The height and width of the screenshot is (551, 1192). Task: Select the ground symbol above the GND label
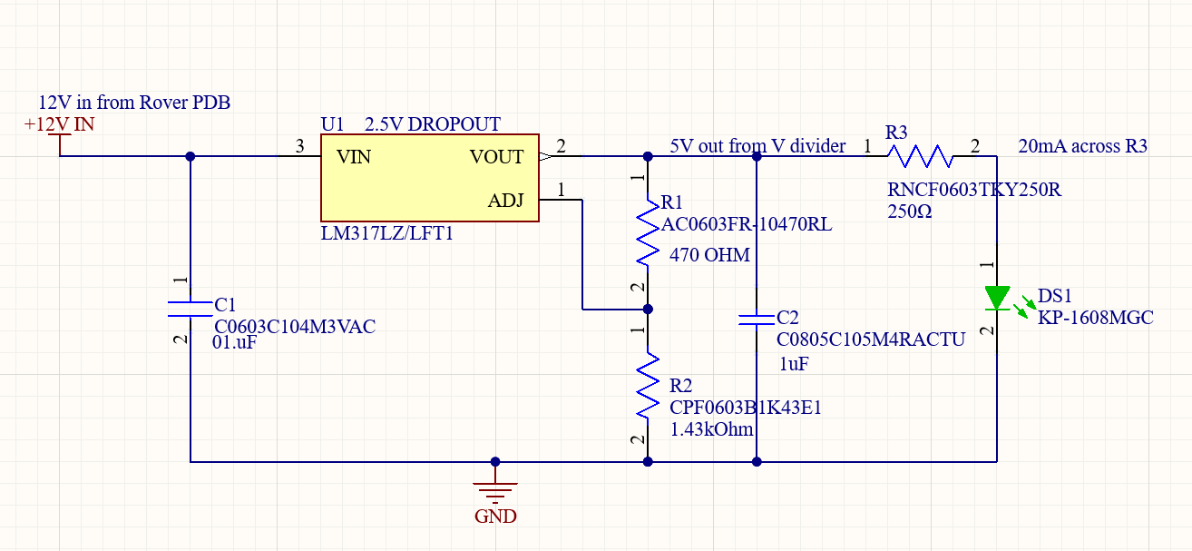[x=495, y=490]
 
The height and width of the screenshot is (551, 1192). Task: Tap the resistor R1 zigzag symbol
[x=647, y=232]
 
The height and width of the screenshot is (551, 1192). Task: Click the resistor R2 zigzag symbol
[x=647, y=387]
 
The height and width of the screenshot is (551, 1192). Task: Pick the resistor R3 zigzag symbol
[x=920, y=156]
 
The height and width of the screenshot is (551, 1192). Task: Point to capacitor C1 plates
[x=191, y=308]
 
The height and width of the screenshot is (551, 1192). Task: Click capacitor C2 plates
[x=757, y=319]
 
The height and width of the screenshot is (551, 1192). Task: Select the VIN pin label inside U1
[x=354, y=157]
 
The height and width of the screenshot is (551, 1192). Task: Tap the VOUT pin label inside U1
[x=496, y=157]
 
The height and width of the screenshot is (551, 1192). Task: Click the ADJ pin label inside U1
[x=505, y=200]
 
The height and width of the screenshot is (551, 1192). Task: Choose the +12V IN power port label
[x=59, y=124]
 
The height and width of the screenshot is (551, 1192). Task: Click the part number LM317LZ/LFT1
[x=386, y=234]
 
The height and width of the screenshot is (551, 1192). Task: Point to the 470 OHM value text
[x=709, y=255]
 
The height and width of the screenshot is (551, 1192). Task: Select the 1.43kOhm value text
[x=711, y=428]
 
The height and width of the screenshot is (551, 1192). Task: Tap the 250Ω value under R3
[x=910, y=211]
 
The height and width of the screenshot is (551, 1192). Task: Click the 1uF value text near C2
[x=794, y=364]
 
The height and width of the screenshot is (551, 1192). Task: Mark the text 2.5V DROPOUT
[x=432, y=124]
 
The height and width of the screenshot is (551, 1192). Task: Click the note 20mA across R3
[x=1082, y=146]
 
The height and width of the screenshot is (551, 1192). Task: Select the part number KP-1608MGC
[x=1095, y=317]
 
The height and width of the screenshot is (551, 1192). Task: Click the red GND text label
[x=495, y=517]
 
